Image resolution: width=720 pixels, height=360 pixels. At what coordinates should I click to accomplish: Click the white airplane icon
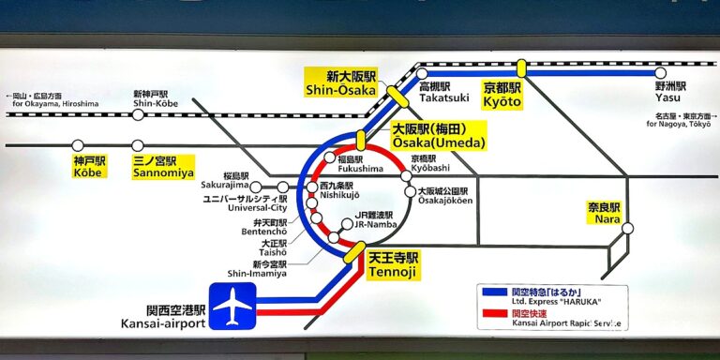coord(232,307)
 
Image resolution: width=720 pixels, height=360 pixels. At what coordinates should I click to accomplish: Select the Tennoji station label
coord(395,264)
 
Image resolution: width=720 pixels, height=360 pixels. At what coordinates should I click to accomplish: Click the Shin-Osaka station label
coord(339,82)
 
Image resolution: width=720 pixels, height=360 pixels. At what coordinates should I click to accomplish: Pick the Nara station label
coord(605,213)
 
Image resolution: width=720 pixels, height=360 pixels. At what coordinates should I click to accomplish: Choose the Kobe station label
coord(86,167)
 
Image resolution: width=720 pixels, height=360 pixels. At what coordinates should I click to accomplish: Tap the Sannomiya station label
coord(163,167)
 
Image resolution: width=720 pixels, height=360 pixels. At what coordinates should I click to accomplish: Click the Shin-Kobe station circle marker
coord(138,114)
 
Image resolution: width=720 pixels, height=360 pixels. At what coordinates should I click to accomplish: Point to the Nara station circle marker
coord(628,228)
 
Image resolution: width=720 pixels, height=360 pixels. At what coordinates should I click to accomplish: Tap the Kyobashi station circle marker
coord(406,176)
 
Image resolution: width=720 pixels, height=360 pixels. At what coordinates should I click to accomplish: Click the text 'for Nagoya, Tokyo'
coord(681,124)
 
